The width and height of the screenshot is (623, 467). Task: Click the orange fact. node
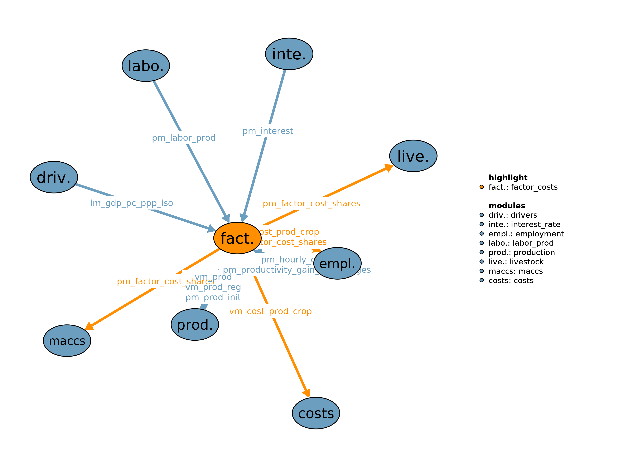pyautogui.click(x=237, y=238)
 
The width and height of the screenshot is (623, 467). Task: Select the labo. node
pyautogui.click(x=146, y=66)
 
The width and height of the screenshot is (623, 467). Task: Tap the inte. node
pyautogui.click(x=289, y=54)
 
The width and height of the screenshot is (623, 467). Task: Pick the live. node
pyautogui.click(x=413, y=156)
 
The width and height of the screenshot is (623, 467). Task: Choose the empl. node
pyautogui.click(x=337, y=264)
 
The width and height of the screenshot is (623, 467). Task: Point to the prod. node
pyautogui.click(x=195, y=325)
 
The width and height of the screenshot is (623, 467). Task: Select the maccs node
pyautogui.click(x=67, y=341)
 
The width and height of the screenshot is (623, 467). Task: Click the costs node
pyautogui.click(x=316, y=413)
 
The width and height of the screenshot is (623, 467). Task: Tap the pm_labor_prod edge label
pyautogui.click(x=184, y=138)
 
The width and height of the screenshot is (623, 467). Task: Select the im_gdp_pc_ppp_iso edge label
pyautogui.click(x=131, y=203)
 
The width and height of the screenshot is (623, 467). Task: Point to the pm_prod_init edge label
pyautogui.click(x=213, y=297)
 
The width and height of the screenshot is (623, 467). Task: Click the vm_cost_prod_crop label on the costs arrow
pyautogui.click(x=270, y=311)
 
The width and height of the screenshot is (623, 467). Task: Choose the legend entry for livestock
pyautogui.click(x=516, y=262)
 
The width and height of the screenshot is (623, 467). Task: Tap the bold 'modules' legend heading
pyautogui.click(x=507, y=206)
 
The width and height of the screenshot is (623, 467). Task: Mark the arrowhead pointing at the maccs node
pyautogui.click(x=89, y=326)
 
